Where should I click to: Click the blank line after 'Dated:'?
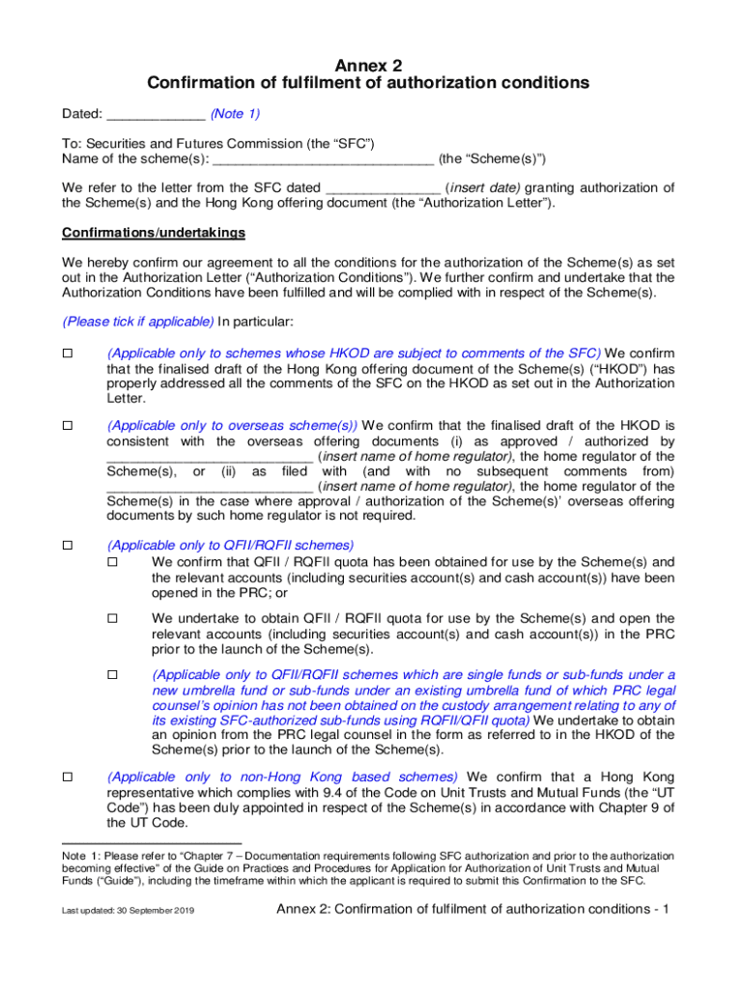click(x=155, y=115)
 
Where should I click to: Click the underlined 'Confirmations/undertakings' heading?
click(x=154, y=234)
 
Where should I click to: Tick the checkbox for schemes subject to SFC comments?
click(x=68, y=353)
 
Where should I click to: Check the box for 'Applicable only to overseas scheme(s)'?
click(x=68, y=425)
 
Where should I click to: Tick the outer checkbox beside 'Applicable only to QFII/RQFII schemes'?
click(x=68, y=546)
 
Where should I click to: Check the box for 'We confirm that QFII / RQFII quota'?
click(x=112, y=562)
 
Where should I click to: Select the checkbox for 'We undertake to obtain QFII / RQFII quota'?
click(x=112, y=618)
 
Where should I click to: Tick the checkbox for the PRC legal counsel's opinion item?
click(x=112, y=675)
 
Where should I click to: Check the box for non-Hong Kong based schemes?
click(x=68, y=777)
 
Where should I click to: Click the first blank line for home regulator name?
click(x=209, y=457)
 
